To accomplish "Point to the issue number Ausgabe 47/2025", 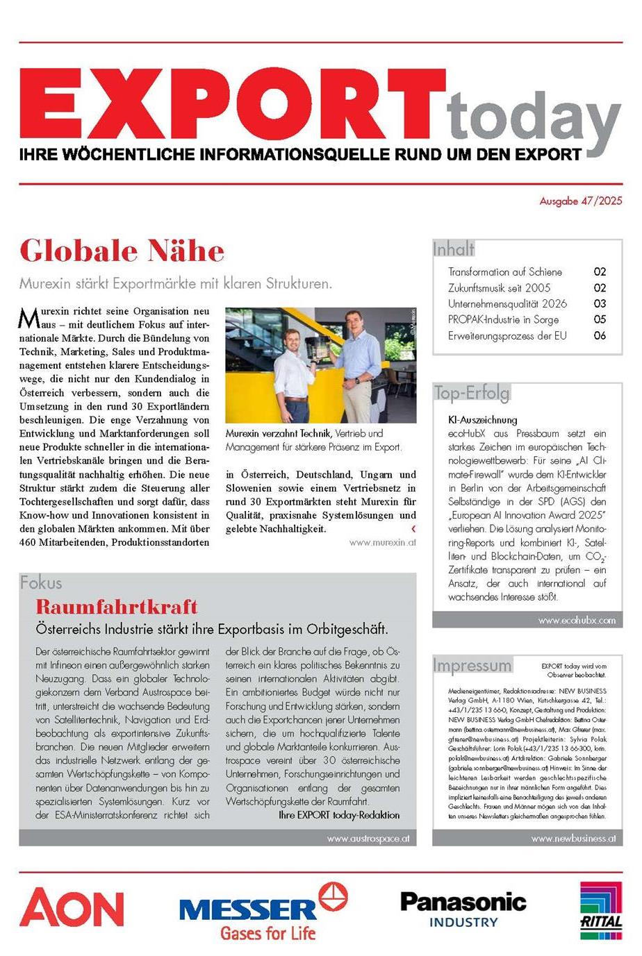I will pos(581,201).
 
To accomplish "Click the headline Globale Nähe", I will pos(122,251).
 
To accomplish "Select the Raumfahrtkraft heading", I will pos(117,607).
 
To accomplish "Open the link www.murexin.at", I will pos(383,543).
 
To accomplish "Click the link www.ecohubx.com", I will pos(577,620).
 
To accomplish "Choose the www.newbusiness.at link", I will pos(573,838).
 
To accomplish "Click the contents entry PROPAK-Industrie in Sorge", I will pos(503,319).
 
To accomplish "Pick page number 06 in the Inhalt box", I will pos(600,335).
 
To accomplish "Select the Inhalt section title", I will pos(454,249).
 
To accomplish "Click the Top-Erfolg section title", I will pos(472,393).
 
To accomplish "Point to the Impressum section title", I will pos(472,665).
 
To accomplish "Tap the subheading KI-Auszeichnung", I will pos(483,420).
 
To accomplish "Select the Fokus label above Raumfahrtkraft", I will pos(41,582).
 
